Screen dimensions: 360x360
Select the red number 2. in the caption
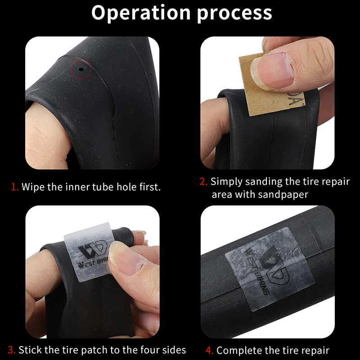204,182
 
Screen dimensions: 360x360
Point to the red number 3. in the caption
11,350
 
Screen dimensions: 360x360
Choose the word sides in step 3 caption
174,350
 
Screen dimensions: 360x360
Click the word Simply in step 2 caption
225,182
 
